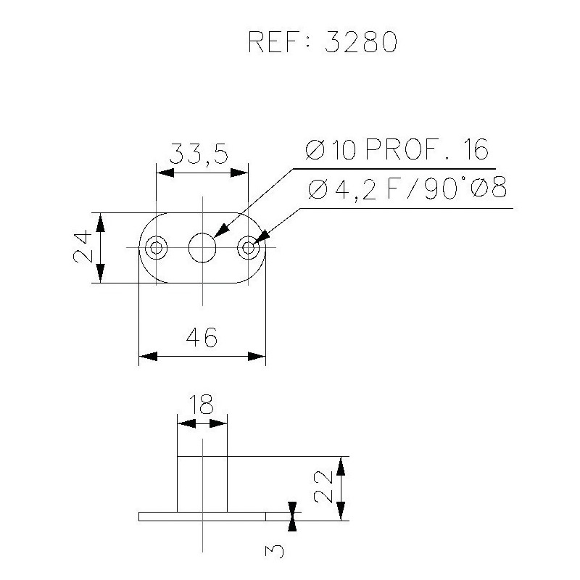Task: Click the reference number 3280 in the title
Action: [360, 42]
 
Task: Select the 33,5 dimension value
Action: [199, 154]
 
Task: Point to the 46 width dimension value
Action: [202, 337]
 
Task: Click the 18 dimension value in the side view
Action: [202, 404]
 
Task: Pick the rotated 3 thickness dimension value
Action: [275, 552]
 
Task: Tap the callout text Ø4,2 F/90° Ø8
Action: [406, 190]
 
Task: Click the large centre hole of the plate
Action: [203, 248]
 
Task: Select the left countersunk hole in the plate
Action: [156, 248]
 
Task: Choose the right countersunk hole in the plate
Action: [249, 248]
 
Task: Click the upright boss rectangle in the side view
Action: [203, 484]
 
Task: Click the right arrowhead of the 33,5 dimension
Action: [240, 173]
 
